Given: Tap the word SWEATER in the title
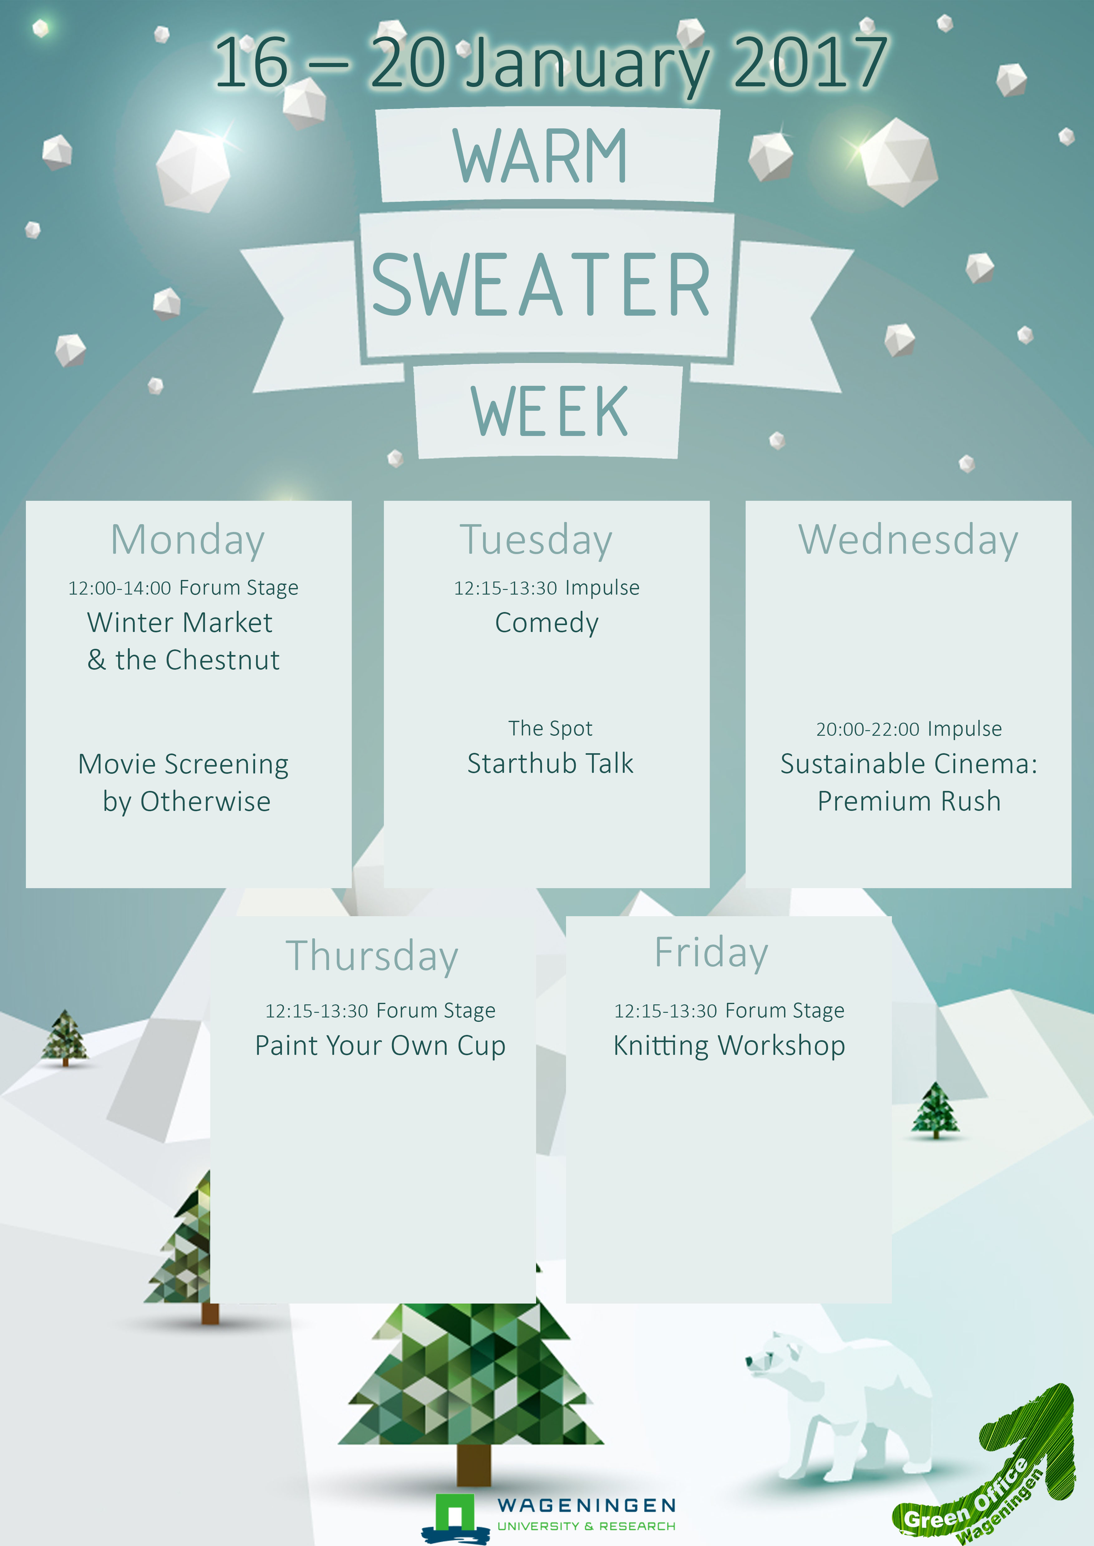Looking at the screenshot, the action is (x=541, y=285).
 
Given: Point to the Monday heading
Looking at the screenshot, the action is (x=188, y=541).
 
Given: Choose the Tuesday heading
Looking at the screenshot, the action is (x=536, y=541).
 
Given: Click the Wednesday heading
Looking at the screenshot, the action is (x=908, y=541).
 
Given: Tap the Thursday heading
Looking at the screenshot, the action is (x=372, y=956).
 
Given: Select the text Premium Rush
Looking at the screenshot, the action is (x=909, y=801).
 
